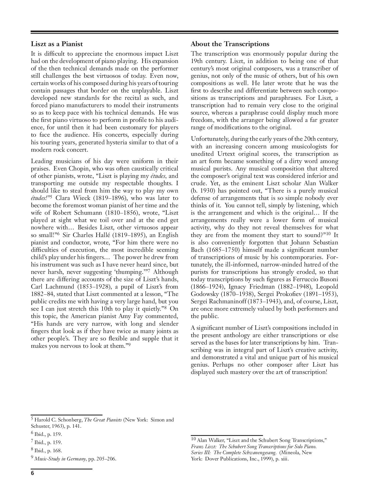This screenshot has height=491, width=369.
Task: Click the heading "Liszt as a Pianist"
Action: click(x=57, y=44)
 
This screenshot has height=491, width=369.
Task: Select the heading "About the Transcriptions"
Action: click(x=230, y=44)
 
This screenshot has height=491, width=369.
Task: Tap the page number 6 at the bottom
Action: click(x=33, y=473)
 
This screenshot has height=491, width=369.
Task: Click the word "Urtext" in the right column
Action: click(x=228, y=154)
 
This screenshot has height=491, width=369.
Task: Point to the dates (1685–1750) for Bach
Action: click(x=222, y=250)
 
